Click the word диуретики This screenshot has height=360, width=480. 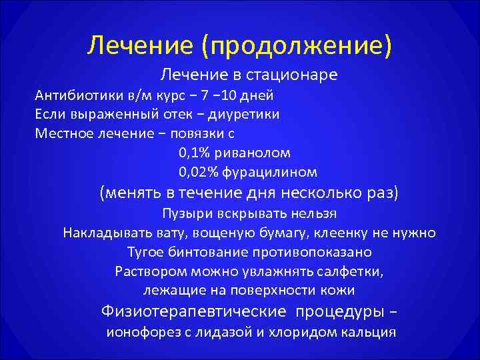(244, 114)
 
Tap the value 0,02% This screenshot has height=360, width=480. (198, 172)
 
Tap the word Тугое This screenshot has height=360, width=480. (146, 253)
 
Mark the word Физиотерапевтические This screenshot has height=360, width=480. (193, 311)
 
